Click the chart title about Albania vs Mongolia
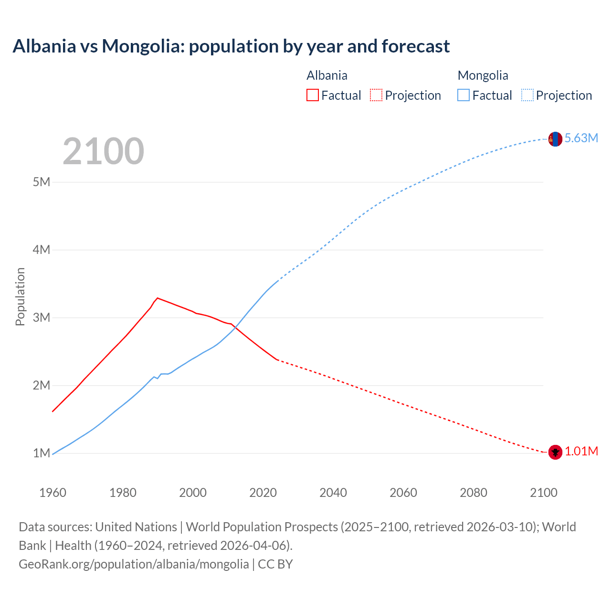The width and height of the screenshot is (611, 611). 231,46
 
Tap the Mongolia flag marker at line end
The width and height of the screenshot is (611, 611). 555,139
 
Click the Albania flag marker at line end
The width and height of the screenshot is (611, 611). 555,452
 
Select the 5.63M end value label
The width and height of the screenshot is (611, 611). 581,138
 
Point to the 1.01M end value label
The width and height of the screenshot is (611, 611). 581,452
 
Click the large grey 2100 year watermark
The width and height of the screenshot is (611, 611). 103,151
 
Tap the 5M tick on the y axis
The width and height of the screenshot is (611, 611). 42,182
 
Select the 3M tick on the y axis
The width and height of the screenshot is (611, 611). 42,317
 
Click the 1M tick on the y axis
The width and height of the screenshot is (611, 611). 42,453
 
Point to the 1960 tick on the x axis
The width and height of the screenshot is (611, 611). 53,493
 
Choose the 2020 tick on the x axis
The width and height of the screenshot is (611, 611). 263,493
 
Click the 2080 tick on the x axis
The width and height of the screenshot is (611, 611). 474,493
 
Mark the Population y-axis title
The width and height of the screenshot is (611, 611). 20,296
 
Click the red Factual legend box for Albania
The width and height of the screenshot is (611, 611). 312,95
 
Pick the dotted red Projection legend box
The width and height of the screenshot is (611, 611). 376,95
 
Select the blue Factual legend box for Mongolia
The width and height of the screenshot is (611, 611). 464,95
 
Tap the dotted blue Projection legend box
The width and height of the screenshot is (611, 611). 527,95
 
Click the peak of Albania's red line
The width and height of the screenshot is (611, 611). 158,298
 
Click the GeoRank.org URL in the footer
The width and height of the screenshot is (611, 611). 134,564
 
